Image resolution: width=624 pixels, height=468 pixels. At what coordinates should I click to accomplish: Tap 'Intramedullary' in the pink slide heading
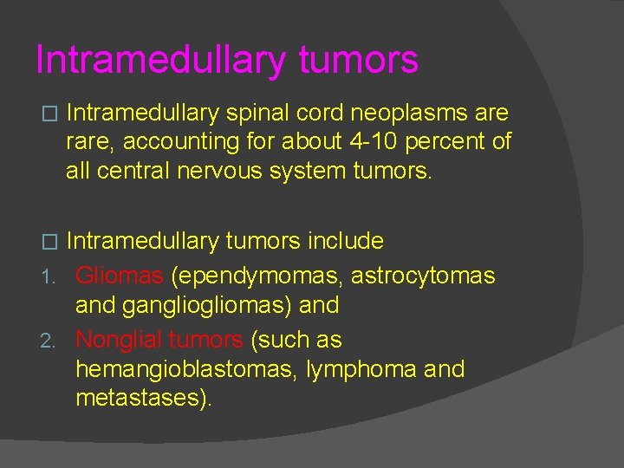pos(159,61)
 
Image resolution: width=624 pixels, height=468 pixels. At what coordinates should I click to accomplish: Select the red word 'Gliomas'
pos(119,276)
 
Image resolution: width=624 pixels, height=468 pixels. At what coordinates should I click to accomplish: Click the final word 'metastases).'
pos(143,399)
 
